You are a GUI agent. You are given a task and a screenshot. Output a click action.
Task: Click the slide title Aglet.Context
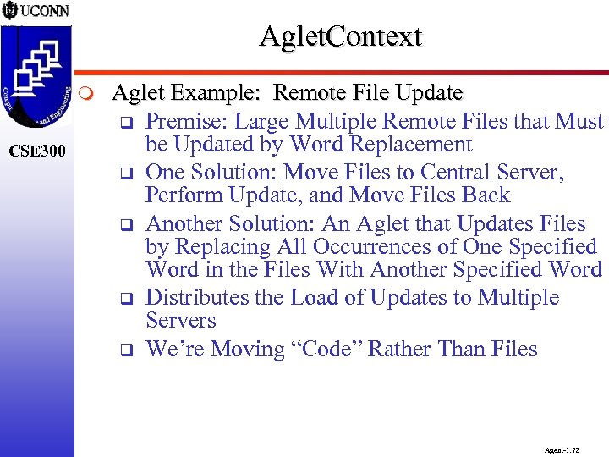click(340, 37)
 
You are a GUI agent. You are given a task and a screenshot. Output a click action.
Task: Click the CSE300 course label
click(38, 152)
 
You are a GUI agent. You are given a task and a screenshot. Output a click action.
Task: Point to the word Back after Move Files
click(484, 195)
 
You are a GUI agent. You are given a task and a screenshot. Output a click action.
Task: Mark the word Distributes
click(200, 298)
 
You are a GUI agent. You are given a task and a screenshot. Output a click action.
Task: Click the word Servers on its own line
click(181, 321)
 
